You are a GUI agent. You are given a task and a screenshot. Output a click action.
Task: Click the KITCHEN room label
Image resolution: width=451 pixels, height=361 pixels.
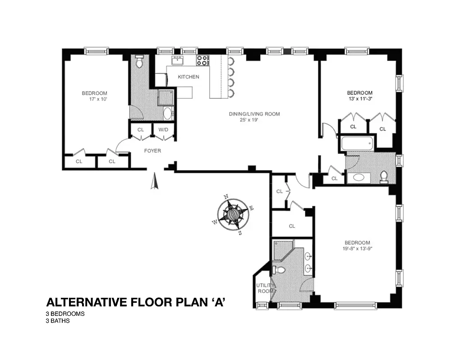[x=188, y=77]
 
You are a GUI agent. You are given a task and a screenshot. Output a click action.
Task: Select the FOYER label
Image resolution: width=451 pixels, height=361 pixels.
[x=152, y=151]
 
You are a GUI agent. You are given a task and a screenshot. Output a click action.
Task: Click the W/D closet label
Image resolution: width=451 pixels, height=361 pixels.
[x=163, y=130]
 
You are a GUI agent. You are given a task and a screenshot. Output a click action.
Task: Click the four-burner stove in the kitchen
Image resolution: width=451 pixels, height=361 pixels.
[x=202, y=60]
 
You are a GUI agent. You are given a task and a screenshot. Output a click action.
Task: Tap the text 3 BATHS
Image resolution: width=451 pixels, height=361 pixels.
[x=58, y=321]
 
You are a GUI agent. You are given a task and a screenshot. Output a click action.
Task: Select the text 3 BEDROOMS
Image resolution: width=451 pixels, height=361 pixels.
[x=65, y=314]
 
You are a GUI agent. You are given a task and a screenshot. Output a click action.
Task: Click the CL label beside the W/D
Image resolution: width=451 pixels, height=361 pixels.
[x=141, y=130]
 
